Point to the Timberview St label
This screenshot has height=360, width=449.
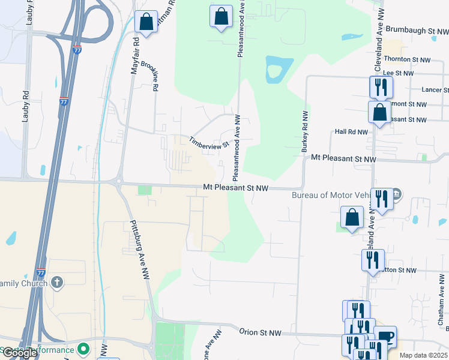pyautogui.click(x=209, y=142)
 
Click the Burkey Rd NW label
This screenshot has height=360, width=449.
pyautogui.click(x=306, y=130)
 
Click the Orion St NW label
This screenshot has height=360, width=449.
pyautogui.click(x=260, y=332)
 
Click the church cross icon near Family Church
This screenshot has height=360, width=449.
pyautogui.click(x=57, y=282)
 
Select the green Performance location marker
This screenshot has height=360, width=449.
pyautogui.click(x=83, y=349)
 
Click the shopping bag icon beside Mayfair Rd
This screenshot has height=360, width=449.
pyautogui.click(x=146, y=23)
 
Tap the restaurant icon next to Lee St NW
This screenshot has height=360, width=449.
pyautogui.click(x=381, y=88)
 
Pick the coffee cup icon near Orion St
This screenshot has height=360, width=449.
pyautogui.click(x=385, y=337)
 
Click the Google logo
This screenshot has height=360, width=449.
pyautogui.click(x=19, y=353)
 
